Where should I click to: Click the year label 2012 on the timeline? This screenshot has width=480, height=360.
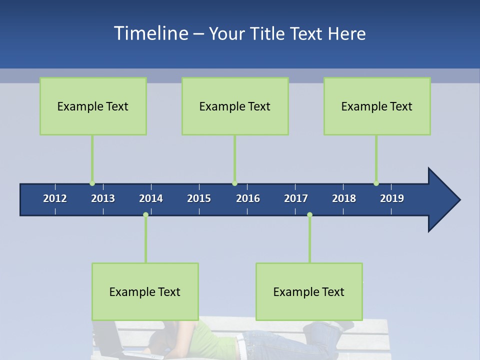55,198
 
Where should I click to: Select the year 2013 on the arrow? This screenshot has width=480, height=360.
103,198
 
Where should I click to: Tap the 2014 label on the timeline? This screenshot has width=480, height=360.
151,198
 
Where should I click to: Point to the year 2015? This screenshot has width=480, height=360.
199,198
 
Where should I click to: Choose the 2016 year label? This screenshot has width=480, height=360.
248,198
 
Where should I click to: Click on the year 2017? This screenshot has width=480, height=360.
296,198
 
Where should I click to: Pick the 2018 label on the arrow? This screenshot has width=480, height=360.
344,198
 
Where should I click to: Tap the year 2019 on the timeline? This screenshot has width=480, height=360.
392,198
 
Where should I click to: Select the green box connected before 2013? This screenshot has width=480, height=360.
93,106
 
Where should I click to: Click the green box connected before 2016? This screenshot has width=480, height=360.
235,106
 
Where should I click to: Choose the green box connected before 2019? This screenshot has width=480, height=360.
377,106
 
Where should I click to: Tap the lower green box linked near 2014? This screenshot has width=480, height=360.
145,291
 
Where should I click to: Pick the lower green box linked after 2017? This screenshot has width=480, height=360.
309,291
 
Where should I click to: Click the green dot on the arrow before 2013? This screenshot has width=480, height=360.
92,183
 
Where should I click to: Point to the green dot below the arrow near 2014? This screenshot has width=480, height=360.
145,214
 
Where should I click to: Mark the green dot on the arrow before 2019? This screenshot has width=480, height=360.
376,183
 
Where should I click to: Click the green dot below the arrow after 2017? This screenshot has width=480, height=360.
309,214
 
